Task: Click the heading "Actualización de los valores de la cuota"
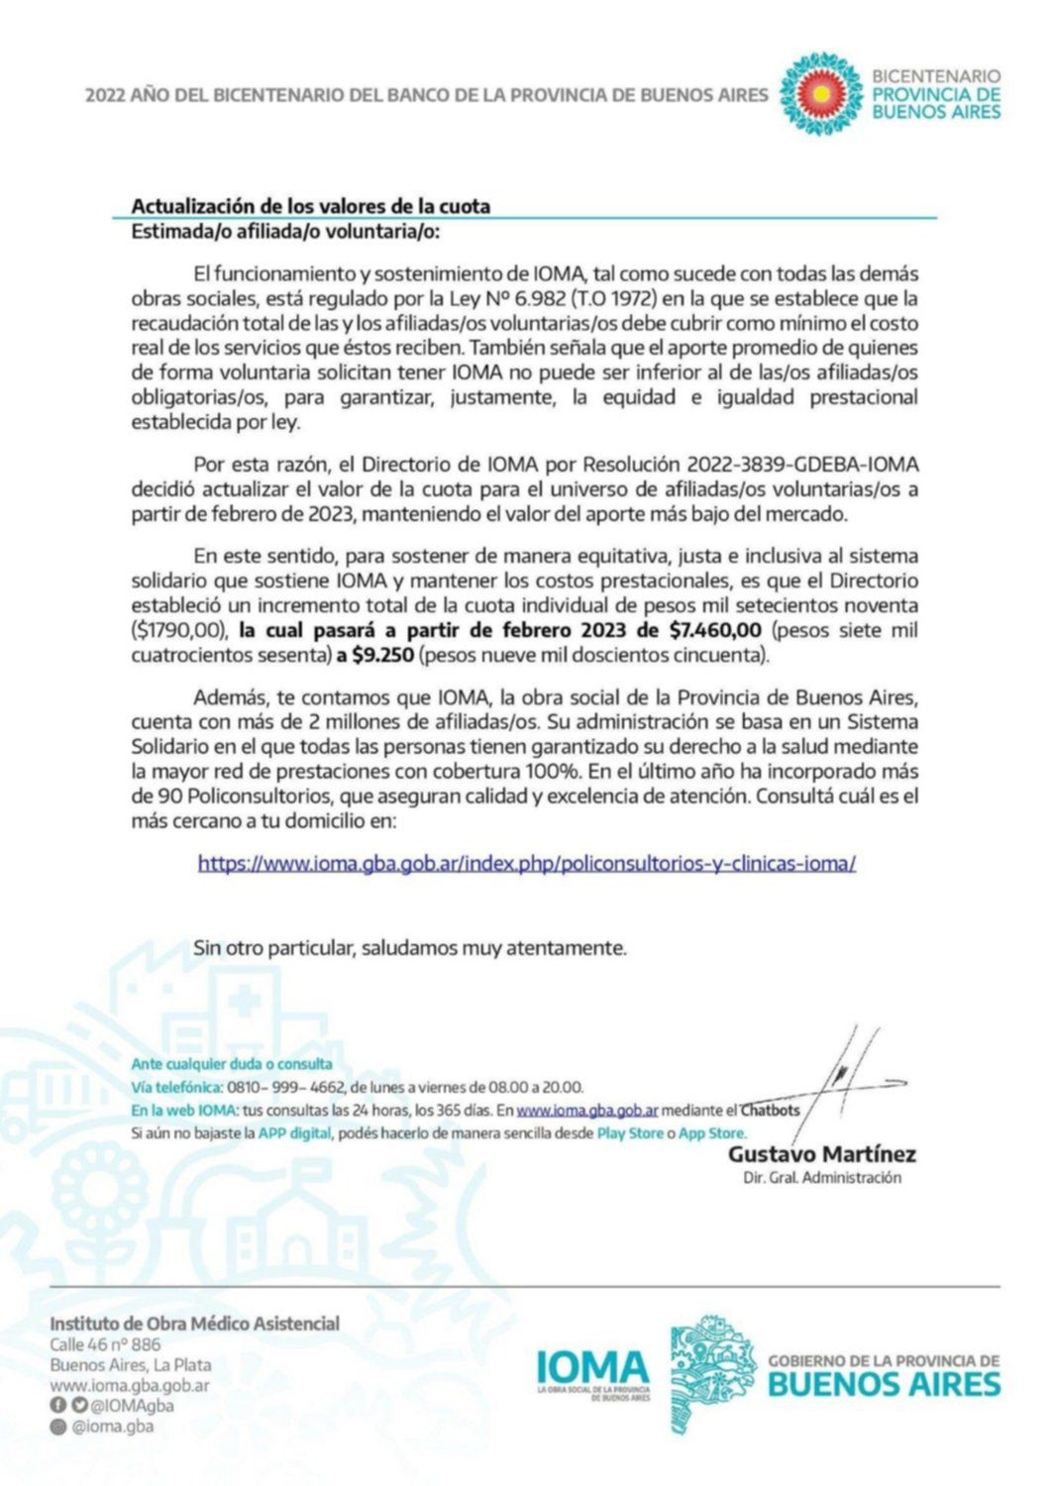[x=311, y=206]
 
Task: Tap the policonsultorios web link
[x=526, y=863]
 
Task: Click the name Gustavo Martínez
[x=821, y=1154]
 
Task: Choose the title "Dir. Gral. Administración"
[x=822, y=1178]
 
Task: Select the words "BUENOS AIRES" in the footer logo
[x=884, y=1384]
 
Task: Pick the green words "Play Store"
[x=630, y=1133]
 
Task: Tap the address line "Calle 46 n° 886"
[x=105, y=1344]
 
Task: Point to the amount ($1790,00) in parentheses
[x=179, y=630]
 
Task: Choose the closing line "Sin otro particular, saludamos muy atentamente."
[x=410, y=948]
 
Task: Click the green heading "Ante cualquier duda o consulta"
[x=232, y=1064]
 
